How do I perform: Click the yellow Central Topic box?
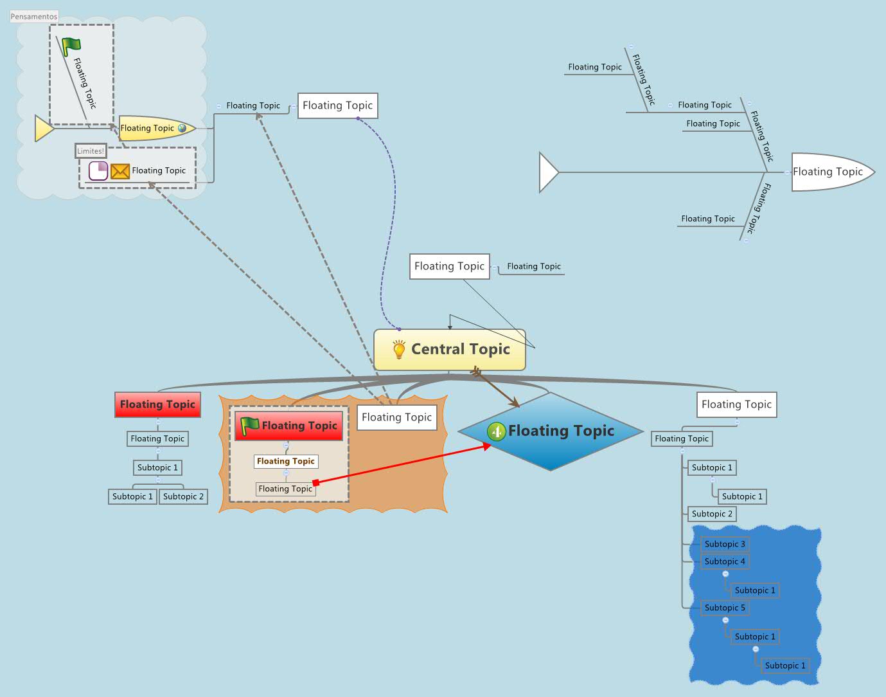point(450,350)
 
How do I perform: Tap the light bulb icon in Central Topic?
point(399,349)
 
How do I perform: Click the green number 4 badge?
point(496,431)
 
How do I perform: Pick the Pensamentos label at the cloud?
point(34,16)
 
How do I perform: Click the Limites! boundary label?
point(91,150)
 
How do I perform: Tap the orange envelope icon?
point(120,171)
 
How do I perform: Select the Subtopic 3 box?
point(724,544)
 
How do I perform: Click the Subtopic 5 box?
point(724,608)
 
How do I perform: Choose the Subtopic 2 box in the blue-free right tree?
point(712,514)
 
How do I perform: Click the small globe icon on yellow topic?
point(182,128)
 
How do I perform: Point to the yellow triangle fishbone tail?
point(43,129)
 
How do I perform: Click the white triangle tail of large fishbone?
point(548,172)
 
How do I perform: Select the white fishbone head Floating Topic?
point(829,172)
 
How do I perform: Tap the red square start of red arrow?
point(315,483)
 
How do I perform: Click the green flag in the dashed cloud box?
point(71,46)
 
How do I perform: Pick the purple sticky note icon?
point(98,171)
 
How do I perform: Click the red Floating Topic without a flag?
point(157,404)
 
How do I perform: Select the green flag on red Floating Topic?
point(249,425)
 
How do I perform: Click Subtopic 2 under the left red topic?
point(183,496)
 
